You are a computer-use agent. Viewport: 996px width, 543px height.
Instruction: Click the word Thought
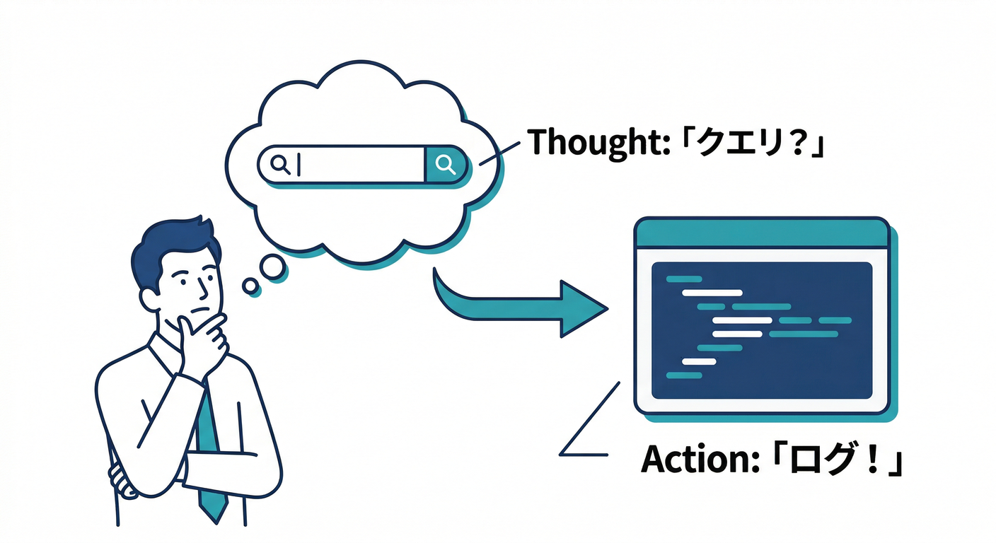tap(598, 142)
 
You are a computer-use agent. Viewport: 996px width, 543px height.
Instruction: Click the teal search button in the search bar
tap(446, 165)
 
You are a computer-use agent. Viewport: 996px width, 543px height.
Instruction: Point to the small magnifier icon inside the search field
tap(281, 165)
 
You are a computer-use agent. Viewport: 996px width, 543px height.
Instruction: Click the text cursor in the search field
tap(299, 165)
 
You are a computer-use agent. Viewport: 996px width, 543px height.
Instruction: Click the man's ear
tap(150, 300)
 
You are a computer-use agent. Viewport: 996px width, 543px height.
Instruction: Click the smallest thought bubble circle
tap(251, 286)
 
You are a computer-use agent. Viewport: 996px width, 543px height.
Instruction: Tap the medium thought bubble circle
tap(272, 267)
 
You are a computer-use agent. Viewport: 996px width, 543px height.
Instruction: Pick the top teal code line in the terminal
tap(684, 279)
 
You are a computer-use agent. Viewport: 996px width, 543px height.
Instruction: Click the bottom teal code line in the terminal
tap(684, 375)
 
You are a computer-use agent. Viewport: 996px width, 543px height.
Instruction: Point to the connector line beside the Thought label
tap(499, 153)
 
